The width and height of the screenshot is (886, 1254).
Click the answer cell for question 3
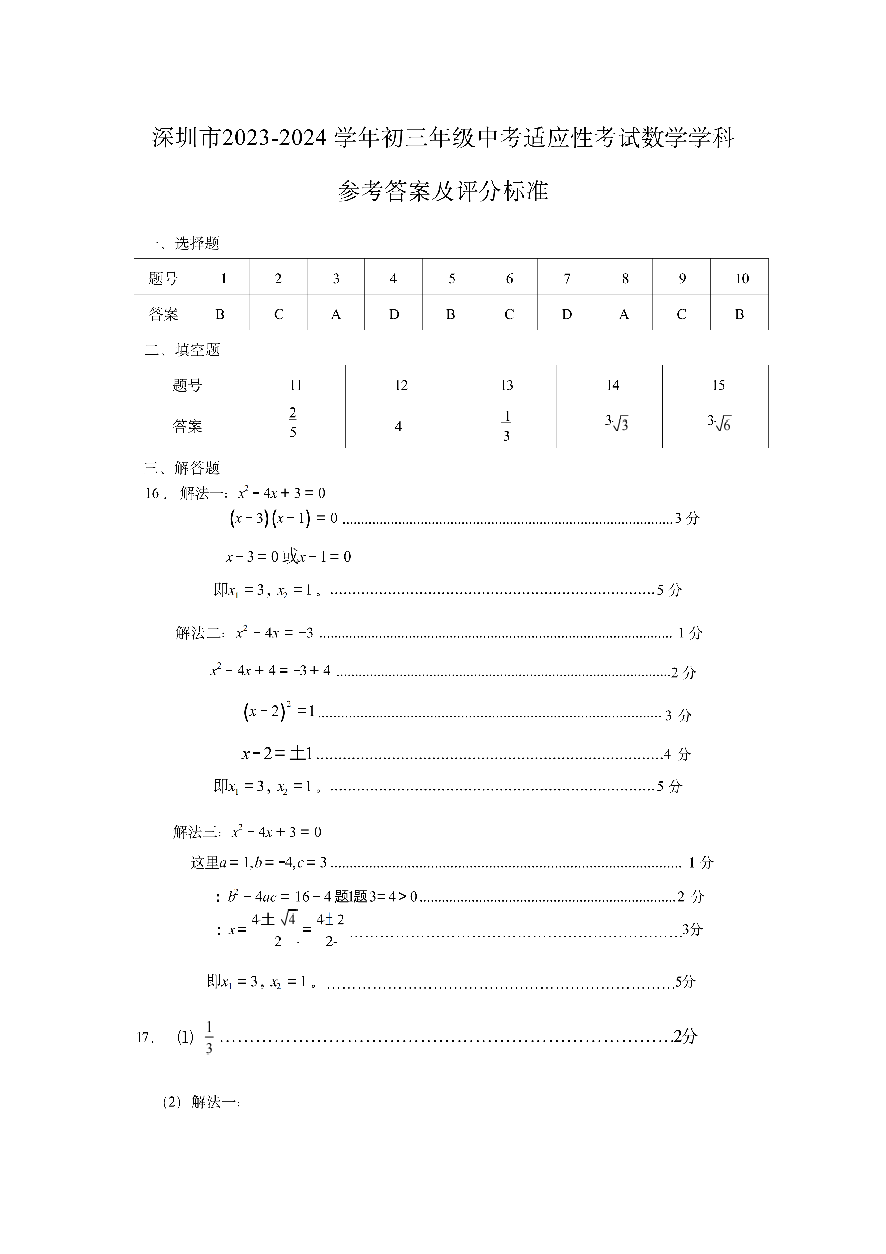[x=336, y=314]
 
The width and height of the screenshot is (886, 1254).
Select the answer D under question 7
[x=567, y=314]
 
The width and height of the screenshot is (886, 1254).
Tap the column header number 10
[x=741, y=279]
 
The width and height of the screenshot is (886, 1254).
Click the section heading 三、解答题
[x=182, y=468]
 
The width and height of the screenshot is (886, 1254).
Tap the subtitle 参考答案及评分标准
[x=443, y=191]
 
